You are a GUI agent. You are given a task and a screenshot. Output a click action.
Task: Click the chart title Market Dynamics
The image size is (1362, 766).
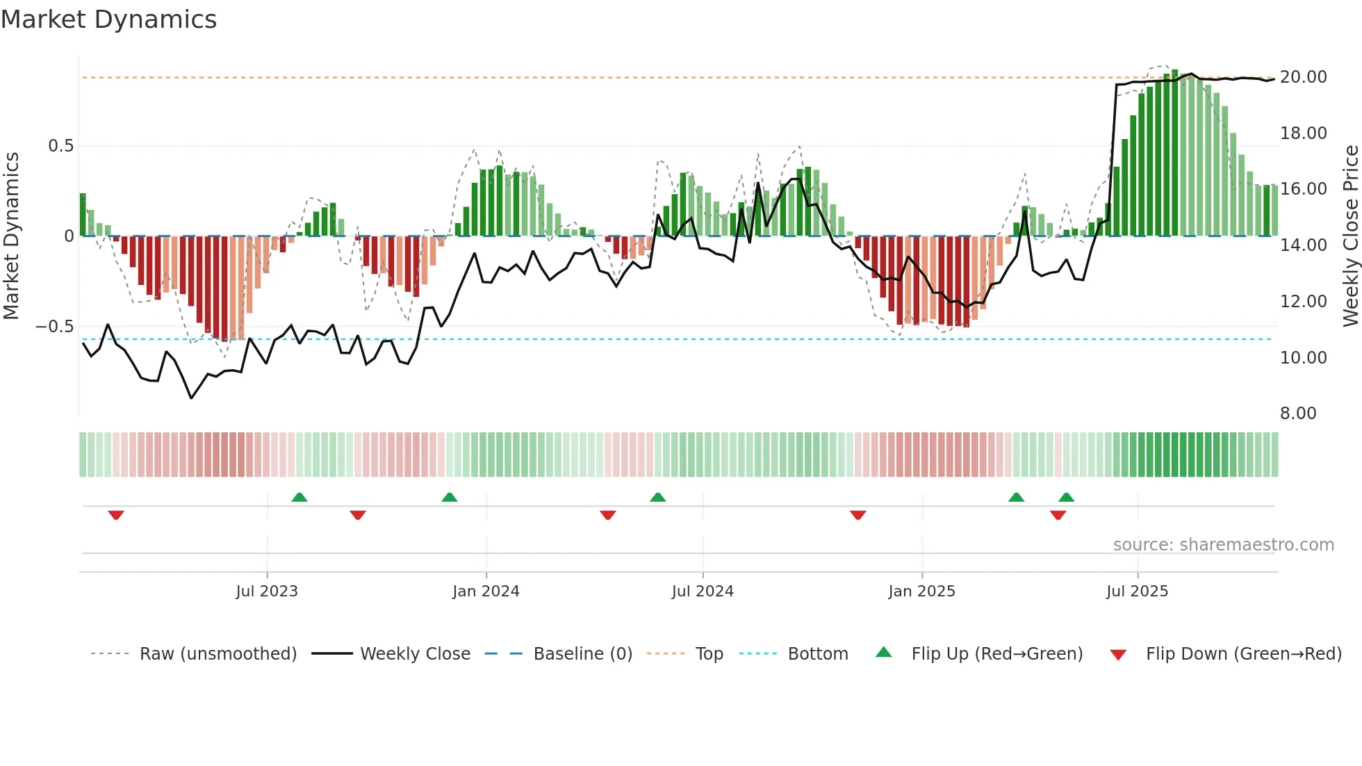tap(109, 19)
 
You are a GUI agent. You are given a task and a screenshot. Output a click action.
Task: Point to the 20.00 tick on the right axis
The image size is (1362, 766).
tap(1303, 77)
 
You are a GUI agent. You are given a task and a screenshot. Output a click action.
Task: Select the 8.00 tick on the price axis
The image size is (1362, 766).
tap(1298, 414)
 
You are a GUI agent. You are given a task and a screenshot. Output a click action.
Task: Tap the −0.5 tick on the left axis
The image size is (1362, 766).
tap(55, 327)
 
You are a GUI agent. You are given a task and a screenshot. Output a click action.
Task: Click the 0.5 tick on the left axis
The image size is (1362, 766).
tap(60, 146)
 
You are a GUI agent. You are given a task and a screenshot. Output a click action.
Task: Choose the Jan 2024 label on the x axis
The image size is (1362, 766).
tap(486, 592)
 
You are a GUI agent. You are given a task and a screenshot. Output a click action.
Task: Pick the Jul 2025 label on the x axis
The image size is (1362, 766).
tap(1137, 592)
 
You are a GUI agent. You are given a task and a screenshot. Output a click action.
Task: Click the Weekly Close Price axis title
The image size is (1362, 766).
tap(1350, 236)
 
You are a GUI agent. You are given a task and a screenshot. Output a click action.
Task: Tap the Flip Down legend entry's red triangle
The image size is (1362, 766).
tap(1118, 655)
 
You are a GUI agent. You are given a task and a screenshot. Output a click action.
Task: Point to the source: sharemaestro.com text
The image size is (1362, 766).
tap(1223, 545)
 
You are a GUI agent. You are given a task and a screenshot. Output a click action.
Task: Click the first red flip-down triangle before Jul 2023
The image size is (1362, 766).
tap(116, 515)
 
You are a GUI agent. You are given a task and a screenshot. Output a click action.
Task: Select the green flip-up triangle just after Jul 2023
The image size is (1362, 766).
tap(300, 497)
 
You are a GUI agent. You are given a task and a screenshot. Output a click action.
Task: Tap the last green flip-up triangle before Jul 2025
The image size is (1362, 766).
tap(1066, 497)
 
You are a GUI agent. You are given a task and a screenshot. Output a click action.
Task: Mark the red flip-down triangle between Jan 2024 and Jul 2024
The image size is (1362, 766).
tap(608, 515)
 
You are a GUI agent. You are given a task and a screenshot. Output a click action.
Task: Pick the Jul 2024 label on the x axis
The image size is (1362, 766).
tap(703, 592)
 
